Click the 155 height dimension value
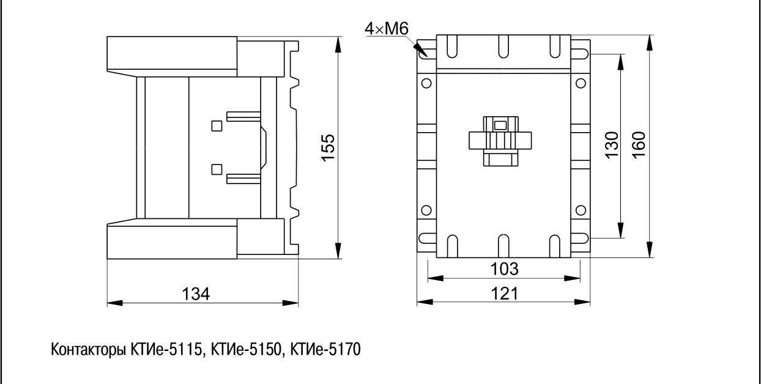[x=329, y=147]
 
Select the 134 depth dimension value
[x=197, y=294]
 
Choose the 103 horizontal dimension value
[x=505, y=269]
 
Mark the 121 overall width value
[x=505, y=294]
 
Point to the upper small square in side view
[x=216, y=126]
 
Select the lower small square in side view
[x=216, y=169]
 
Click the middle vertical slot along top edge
[x=503, y=46]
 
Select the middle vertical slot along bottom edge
[x=503, y=246]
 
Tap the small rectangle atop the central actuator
[x=500, y=125]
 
